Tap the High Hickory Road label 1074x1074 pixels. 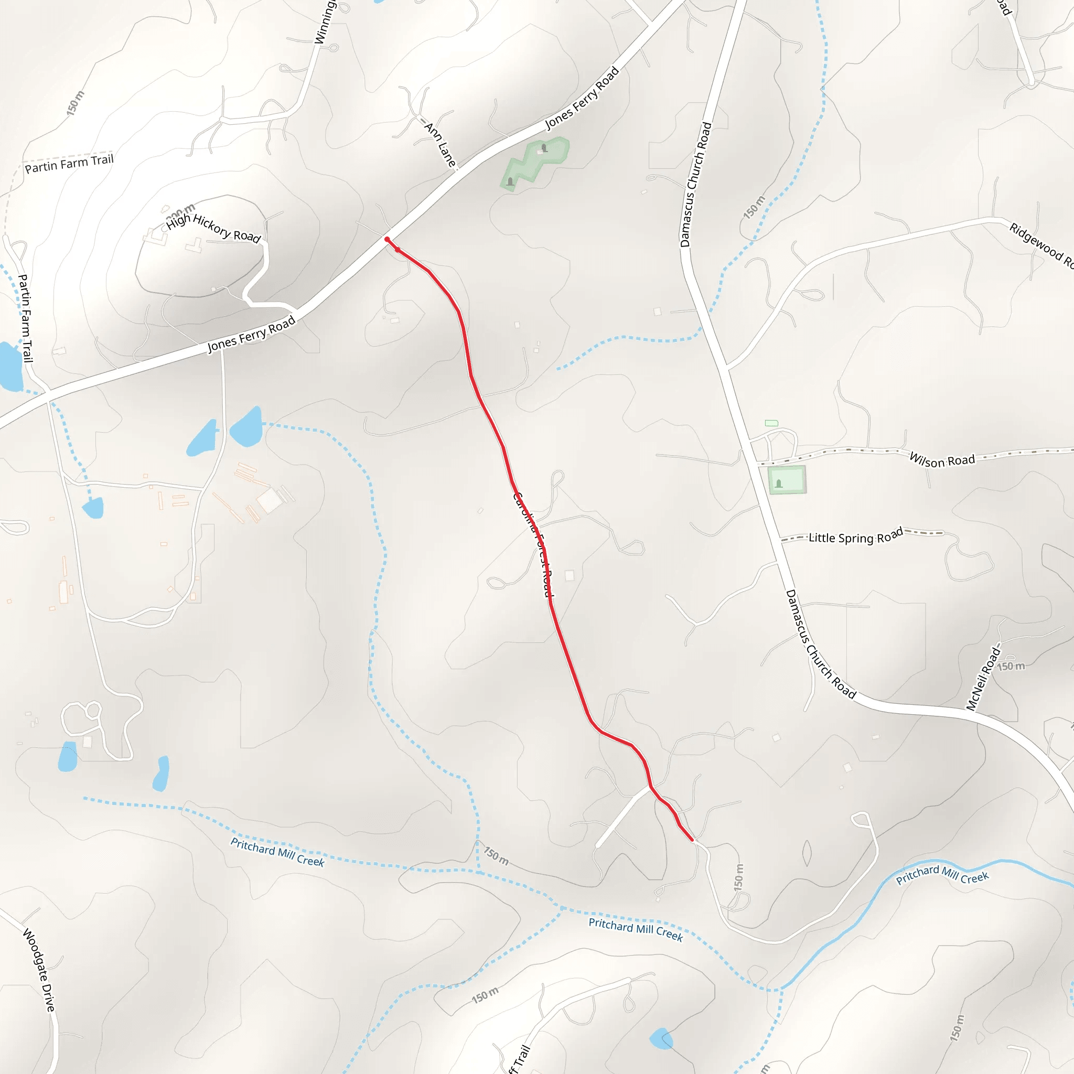213,228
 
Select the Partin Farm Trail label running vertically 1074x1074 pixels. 26,318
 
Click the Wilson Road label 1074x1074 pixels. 942,460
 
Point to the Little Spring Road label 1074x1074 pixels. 855,536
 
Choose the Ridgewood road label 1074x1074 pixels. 1039,245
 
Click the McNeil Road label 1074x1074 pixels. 983,678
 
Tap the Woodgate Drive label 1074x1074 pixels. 39,970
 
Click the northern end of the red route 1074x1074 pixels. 387,240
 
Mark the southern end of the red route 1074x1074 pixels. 692,840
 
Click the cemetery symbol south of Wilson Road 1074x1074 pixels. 779,483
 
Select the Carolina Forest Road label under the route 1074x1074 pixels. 533,544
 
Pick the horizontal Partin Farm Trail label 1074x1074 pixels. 69,164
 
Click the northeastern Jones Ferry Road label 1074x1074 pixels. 582,98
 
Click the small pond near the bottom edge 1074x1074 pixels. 660,1038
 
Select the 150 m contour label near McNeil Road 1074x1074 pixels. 1010,666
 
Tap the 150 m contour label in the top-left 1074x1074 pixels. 76,103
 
